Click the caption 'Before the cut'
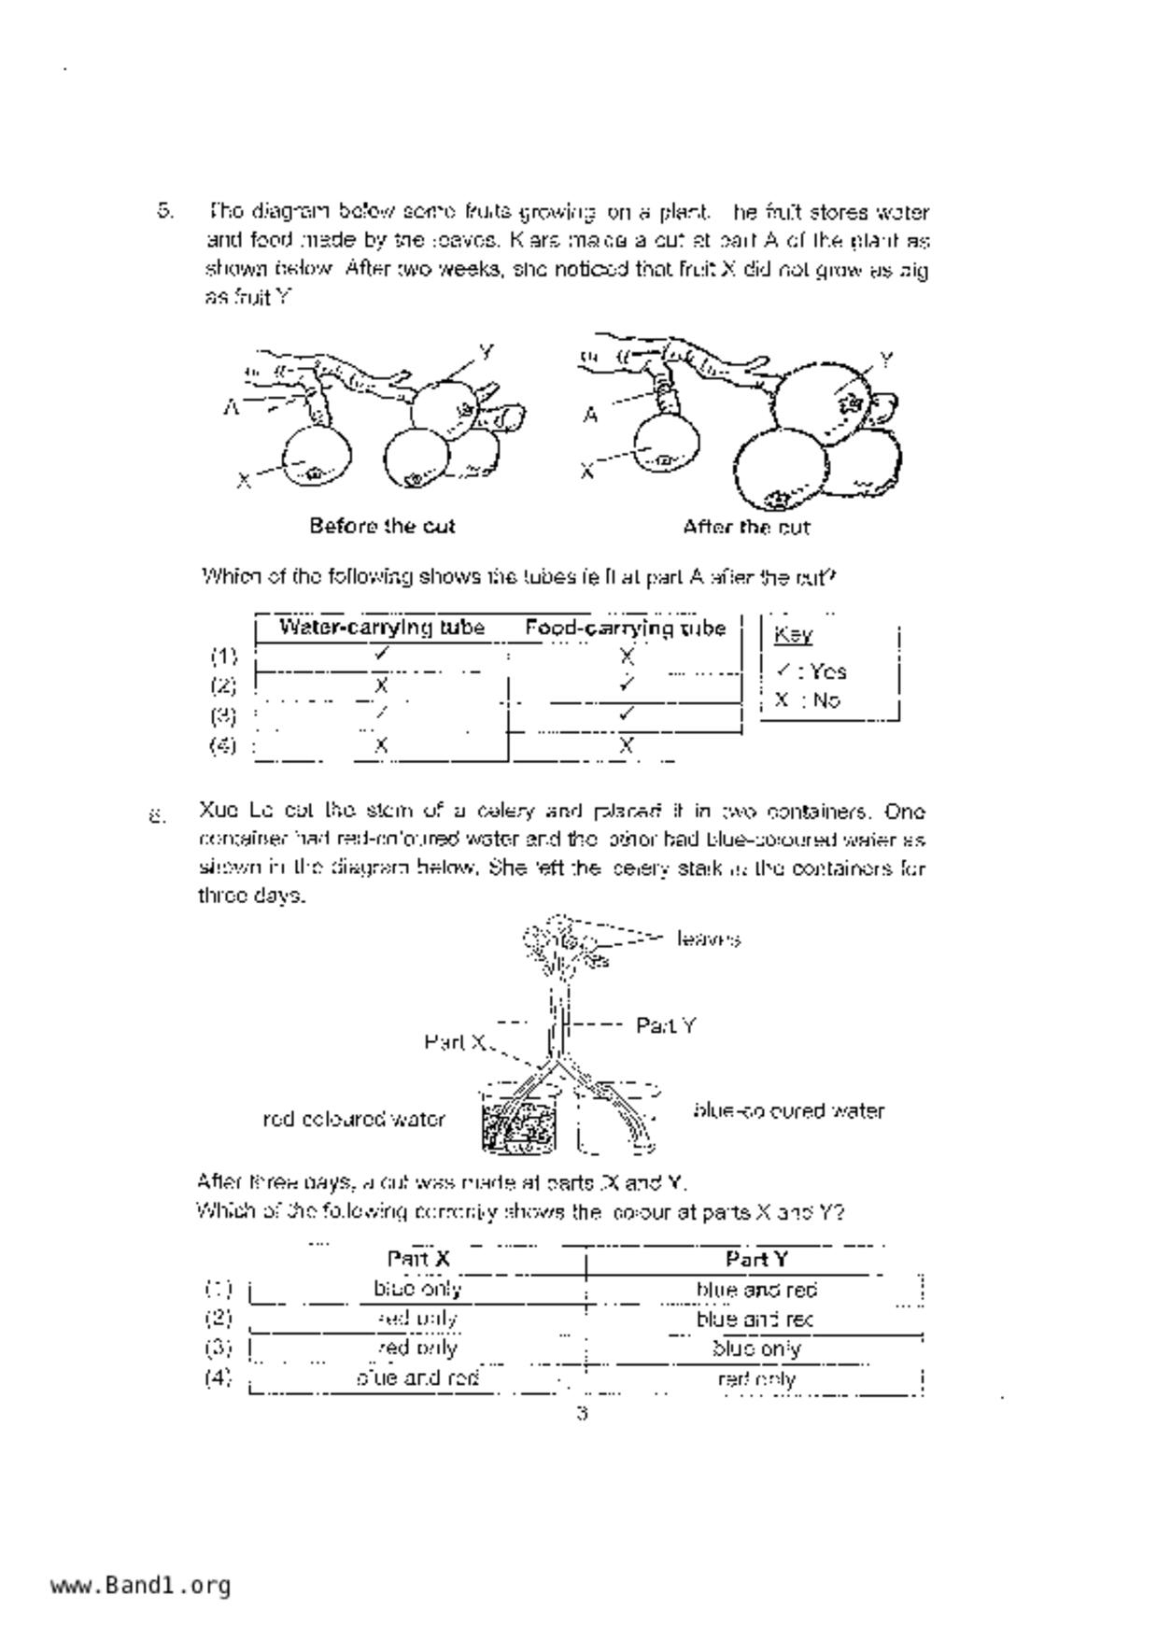[x=382, y=526]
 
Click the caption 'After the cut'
[x=746, y=527]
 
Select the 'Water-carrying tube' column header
[x=381, y=628]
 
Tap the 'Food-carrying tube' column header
[x=625, y=628]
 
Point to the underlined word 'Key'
[x=793, y=635]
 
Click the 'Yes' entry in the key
[x=827, y=671]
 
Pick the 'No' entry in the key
[x=825, y=700]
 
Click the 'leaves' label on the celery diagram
[x=709, y=939]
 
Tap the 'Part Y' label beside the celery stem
[x=666, y=1025]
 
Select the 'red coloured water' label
[x=354, y=1119]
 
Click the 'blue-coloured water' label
[x=788, y=1110]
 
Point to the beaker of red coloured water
[x=519, y=1121]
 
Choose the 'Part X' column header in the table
[x=418, y=1259]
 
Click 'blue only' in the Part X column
[x=417, y=1289]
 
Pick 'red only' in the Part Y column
[x=756, y=1378]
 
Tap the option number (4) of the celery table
[x=219, y=1377]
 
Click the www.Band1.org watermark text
[x=140, y=1586]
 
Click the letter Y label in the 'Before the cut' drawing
[x=486, y=352]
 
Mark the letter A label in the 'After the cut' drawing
[x=590, y=415]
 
